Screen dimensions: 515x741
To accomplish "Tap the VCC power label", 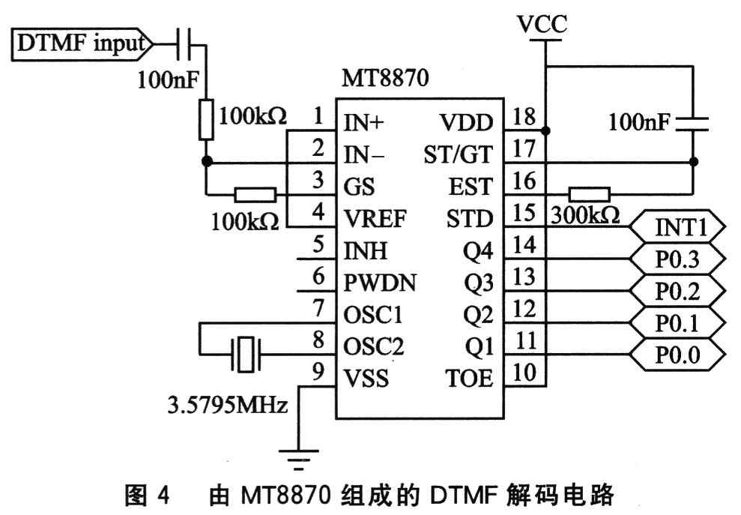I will [542, 25].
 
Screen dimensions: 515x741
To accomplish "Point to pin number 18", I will [525, 117].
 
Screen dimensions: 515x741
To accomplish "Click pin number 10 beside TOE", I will [525, 373].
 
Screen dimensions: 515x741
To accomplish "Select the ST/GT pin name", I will [458, 154].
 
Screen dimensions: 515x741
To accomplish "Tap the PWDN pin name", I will [380, 283].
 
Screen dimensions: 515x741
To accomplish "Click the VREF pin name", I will [375, 218].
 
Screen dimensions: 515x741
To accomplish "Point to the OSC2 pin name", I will [374, 346].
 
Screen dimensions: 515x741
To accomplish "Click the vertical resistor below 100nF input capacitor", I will [205, 120].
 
